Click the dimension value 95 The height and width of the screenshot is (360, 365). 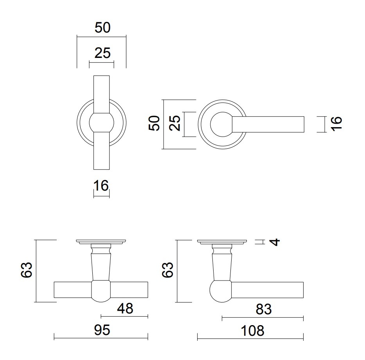102,330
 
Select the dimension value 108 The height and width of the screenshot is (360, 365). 252,331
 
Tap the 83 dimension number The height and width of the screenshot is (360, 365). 264,310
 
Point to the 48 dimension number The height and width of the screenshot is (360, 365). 125,308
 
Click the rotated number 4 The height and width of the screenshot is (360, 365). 275,242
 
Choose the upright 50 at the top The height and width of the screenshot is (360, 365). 102,27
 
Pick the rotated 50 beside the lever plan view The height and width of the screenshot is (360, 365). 154,123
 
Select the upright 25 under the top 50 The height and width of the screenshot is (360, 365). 102,53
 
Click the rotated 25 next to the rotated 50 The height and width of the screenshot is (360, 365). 174,123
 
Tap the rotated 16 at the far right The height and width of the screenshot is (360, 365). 336,124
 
